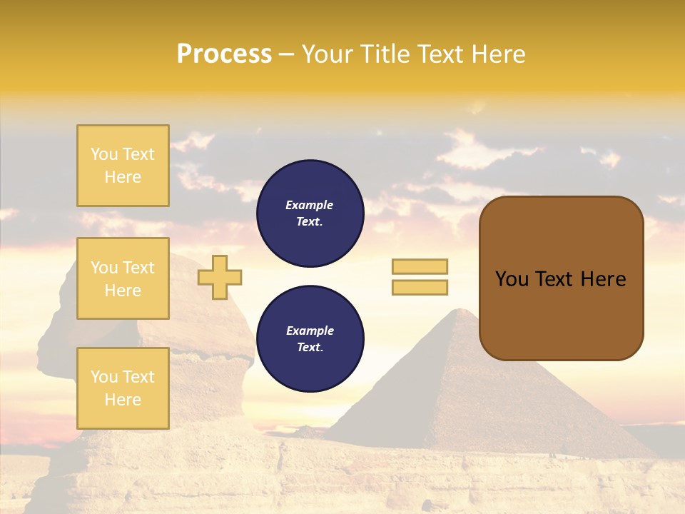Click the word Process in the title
[224, 54]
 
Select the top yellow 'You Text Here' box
[123, 166]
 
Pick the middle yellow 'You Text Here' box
[123, 278]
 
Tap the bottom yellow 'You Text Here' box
[123, 388]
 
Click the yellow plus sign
[220, 277]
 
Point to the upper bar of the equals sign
[420, 266]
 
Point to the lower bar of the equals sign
[420, 287]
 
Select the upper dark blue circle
[310, 213]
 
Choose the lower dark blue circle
[310, 339]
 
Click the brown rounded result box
[561, 278]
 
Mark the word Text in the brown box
[555, 279]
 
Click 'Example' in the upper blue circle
[309, 205]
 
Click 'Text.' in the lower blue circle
[310, 348]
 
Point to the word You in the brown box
[512, 279]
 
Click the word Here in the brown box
[603, 279]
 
